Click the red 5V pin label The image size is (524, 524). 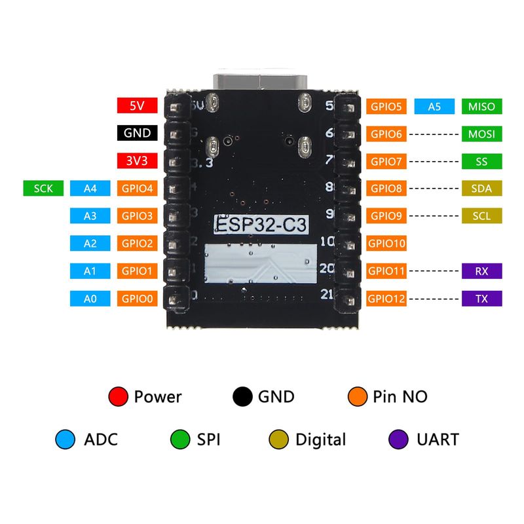pos(137,105)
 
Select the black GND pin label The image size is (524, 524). pos(137,133)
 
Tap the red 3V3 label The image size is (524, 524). pos(137,160)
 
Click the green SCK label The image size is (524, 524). pos(43,188)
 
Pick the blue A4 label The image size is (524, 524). pos(90,188)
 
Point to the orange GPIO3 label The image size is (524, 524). pos(137,216)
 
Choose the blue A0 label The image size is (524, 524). pos(90,299)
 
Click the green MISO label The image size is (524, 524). pos(481,106)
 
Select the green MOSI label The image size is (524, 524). pos(481,134)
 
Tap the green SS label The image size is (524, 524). pos(481,161)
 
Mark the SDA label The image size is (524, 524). pos(481,188)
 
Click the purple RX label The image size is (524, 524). pos(481,271)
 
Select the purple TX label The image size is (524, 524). pos(481,299)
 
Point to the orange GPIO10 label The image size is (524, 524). pos(386,243)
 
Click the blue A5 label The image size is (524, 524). pos(434,106)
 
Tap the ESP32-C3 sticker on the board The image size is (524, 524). pos(261,224)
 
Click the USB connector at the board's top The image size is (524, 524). pos(260,81)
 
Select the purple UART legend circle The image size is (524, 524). pos(398,439)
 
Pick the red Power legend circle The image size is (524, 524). pos(119,396)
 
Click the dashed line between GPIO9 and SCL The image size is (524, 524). pos(434,216)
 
